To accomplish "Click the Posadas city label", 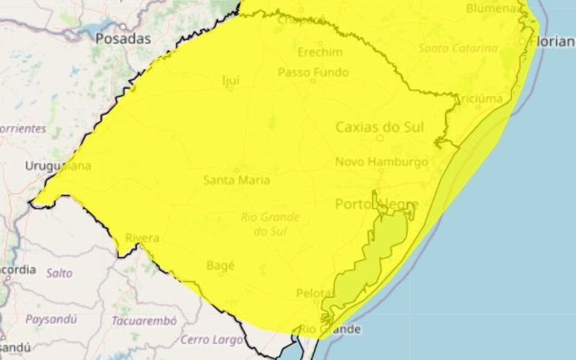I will tap(123, 39).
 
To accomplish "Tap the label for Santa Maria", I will tap(237, 179).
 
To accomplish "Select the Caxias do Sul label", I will tap(379, 127).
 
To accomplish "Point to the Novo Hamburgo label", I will tap(382, 162).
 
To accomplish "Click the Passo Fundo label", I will tap(313, 72).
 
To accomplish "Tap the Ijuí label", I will tap(230, 81).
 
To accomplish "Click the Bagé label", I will tap(220, 265).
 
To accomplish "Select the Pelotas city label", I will tap(316, 293).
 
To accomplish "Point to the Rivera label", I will tap(142, 238).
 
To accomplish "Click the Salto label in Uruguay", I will tap(59, 273).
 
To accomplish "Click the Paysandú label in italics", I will tap(52, 318).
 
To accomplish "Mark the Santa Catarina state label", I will tap(458, 48).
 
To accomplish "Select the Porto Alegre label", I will tap(377, 204).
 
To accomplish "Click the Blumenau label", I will tap(492, 9).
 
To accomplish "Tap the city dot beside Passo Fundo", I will tap(312, 81).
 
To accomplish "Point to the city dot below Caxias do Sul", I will tap(380, 138).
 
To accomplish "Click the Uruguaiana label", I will tap(58, 166).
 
